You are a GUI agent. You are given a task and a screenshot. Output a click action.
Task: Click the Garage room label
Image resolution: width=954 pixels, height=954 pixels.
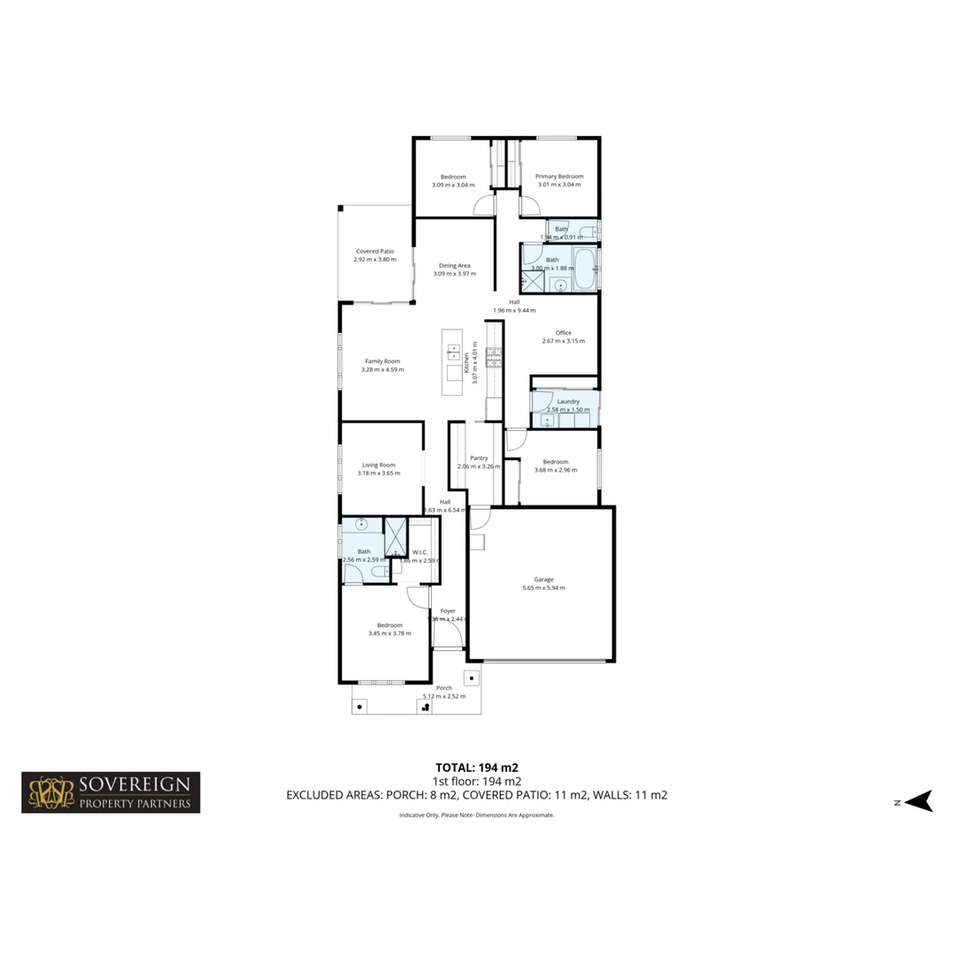[543, 579]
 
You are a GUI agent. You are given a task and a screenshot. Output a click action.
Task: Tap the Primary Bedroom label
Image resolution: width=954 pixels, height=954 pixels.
[559, 177]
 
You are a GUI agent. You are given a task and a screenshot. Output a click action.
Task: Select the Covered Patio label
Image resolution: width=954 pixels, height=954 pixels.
[375, 251]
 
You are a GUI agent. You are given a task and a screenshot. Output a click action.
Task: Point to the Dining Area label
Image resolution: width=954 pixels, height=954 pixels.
[455, 265]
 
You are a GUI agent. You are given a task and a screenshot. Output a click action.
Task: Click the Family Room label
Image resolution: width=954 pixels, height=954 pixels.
[382, 360]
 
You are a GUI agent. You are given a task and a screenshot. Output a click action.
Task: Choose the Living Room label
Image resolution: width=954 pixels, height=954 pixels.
[379, 465]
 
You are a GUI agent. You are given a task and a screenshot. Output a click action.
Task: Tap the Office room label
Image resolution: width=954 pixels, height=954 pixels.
[563, 333]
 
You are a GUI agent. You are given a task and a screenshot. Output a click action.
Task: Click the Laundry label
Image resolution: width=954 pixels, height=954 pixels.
[568, 402]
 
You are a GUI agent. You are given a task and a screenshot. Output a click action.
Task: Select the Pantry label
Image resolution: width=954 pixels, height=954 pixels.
[479, 458]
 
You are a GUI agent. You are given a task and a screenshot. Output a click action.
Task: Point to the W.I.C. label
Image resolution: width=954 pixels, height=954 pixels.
[420, 553]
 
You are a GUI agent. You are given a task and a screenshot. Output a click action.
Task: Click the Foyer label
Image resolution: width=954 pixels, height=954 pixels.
[448, 610]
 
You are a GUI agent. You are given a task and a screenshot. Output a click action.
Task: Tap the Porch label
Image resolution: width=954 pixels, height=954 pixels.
[444, 688]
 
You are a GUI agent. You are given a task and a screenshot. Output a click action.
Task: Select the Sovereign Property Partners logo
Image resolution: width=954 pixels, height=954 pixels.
[110, 792]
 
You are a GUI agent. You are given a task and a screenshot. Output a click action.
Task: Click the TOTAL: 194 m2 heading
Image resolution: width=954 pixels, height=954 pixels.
[482, 767]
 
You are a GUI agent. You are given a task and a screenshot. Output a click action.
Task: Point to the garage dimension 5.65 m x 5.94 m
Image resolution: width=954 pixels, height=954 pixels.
[543, 588]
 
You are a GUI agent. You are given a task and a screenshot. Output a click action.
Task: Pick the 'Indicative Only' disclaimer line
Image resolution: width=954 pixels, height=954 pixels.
[477, 815]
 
